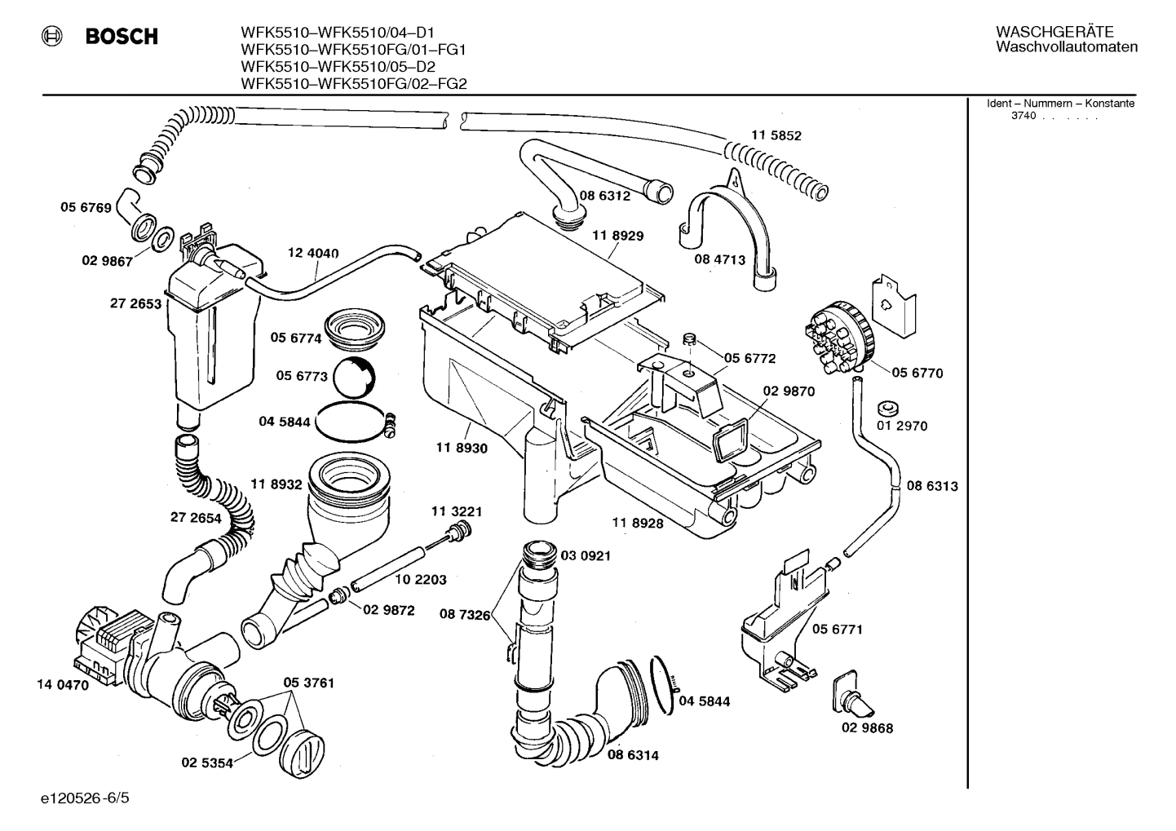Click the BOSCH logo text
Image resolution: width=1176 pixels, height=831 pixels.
pos(122,37)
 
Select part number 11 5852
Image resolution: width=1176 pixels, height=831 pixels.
pos(776,136)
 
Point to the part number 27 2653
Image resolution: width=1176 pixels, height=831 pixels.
pos(136,304)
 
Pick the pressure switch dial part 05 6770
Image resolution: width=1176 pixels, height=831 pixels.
pos(839,335)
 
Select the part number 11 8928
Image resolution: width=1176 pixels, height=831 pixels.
pos(637,523)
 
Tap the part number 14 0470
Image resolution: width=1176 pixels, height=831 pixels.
pos(62,685)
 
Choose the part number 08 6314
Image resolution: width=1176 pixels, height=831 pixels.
pos(633,755)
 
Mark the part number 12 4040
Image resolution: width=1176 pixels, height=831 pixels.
pos(313,254)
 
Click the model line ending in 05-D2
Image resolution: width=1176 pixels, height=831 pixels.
pos(338,67)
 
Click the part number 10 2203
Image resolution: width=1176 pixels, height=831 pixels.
pos(421,580)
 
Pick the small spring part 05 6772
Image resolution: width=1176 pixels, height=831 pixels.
pos(687,339)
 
